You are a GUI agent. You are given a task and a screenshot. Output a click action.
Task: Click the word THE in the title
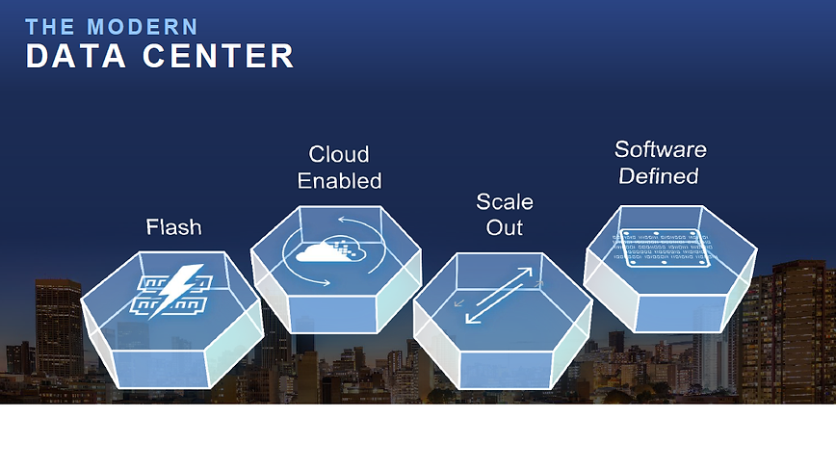pyautogui.click(x=49, y=27)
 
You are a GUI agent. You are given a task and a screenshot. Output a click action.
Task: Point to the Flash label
pyautogui.click(x=173, y=227)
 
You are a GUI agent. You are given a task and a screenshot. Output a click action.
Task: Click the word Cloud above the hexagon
pyautogui.click(x=339, y=154)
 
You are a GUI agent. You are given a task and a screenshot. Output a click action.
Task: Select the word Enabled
pyautogui.click(x=339, y=181)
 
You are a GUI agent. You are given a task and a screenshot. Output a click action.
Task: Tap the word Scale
pyautogui.click(x=505, y=202)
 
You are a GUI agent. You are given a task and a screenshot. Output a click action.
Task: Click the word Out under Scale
pyautogui.click(x=505, y=228)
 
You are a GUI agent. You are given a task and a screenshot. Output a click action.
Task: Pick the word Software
pyautogui.click(x=660, y=150)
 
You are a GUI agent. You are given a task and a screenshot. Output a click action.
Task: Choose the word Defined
pyautogui.click(x=659, y=176)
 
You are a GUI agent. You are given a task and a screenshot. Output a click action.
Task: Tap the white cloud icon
pyautogui.click(x=327, y=251)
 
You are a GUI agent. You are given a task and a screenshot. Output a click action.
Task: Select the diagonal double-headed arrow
pyautogui.click(x=499, y=295)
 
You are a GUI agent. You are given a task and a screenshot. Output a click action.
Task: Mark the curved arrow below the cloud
pyautogui.click(x=308, y=278)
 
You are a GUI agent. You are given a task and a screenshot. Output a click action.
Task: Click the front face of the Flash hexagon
pyautogui.click(x=162, y=367)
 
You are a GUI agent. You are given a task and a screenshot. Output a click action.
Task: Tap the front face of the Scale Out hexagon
pyautogui.click(x=506, y=367)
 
